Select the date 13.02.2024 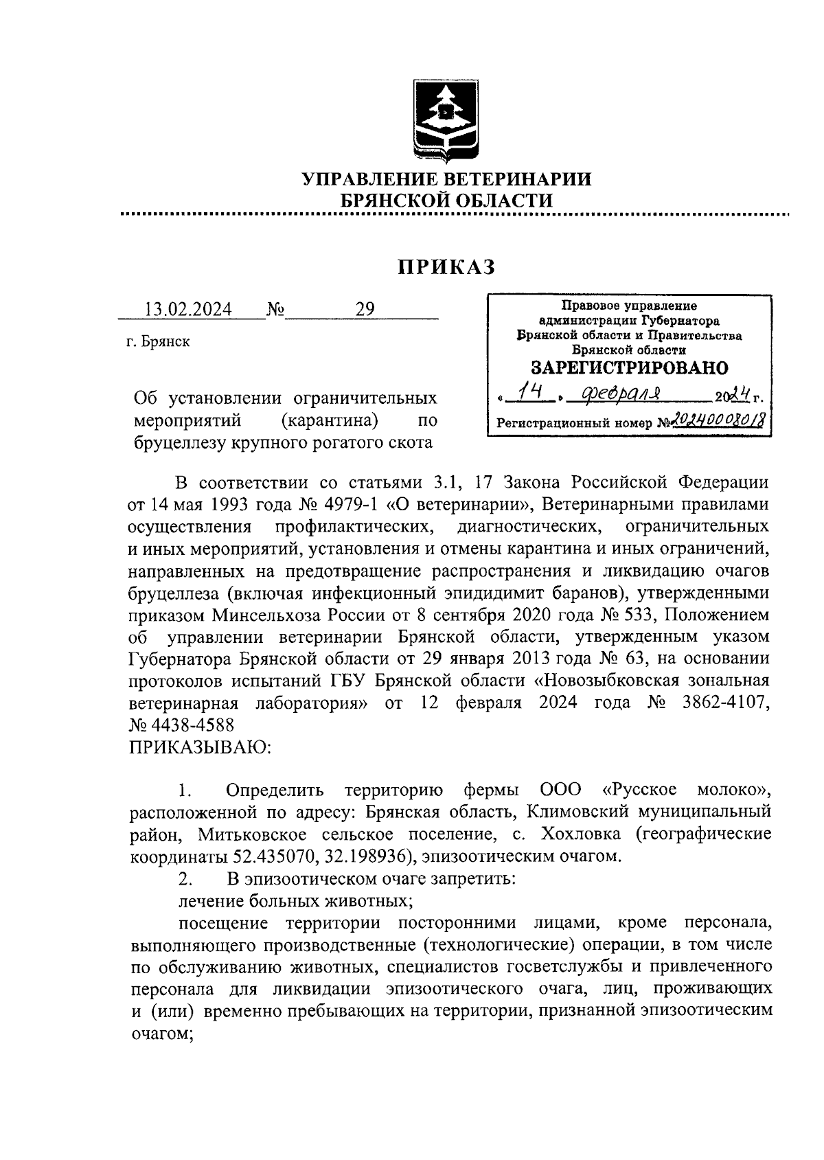tap(187, 310)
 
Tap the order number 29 tap(365, 310)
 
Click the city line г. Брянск tap(157, 342)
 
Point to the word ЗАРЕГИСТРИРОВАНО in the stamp tap(629, 368)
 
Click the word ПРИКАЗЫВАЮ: tap(200, 747)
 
